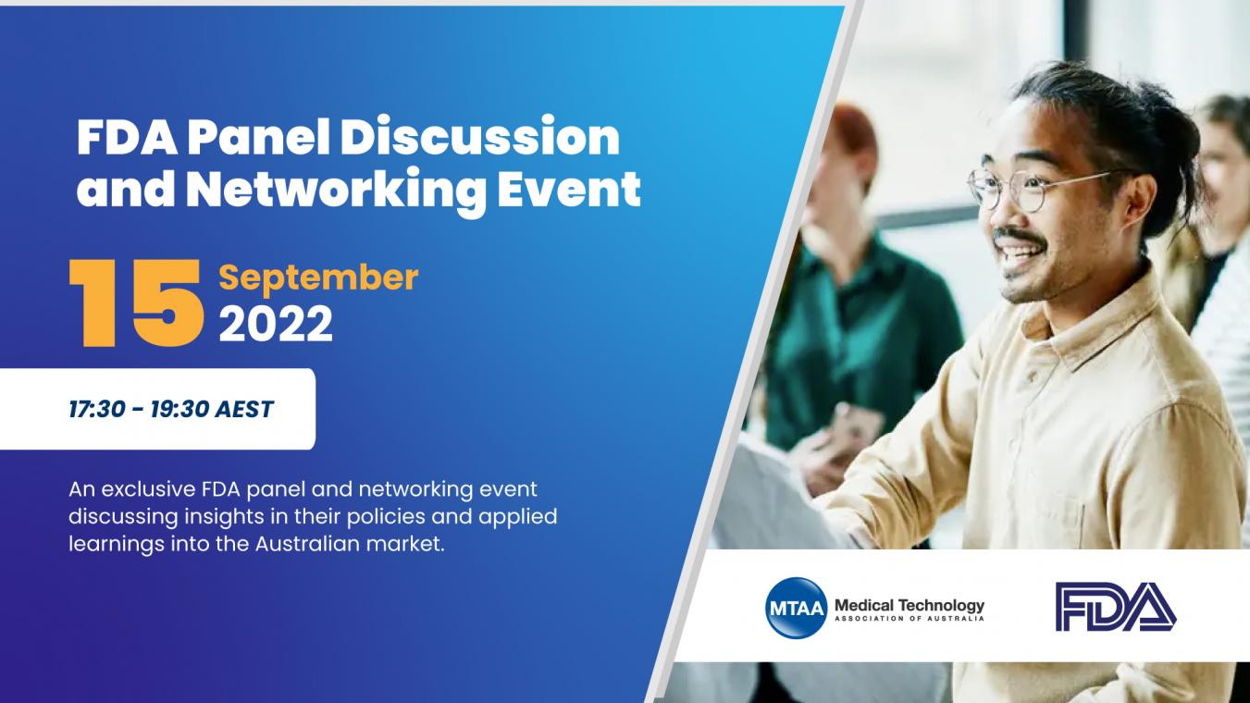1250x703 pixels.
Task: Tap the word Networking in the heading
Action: (x=336, y=190)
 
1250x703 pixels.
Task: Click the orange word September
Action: (x=318, y=277)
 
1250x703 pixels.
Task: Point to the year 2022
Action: (x=276, y=324)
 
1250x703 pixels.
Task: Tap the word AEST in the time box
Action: (x=244, y=409)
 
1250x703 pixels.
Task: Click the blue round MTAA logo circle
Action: (x=796, y=608)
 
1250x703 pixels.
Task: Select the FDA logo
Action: (x=1116, y=607)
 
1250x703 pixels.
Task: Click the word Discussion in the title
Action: (x=480, y=137)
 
